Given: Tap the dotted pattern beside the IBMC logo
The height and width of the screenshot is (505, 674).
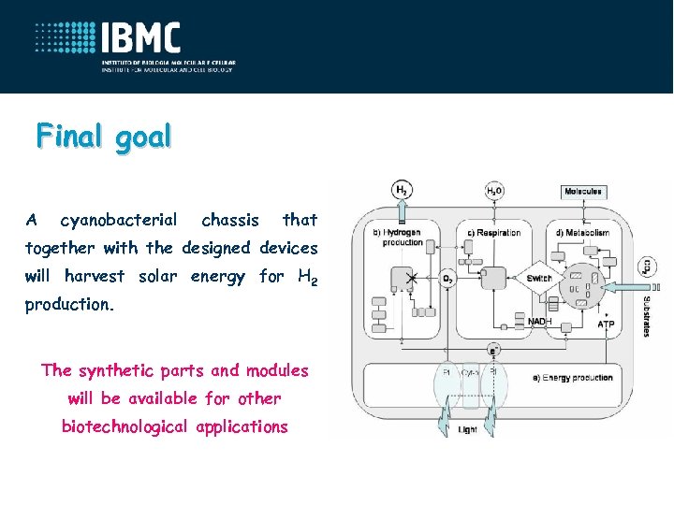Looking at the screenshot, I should click(66, 38).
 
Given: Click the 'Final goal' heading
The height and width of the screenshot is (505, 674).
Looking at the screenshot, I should click(104, 137).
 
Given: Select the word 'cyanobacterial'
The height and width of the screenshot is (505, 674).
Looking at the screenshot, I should click(118, 220).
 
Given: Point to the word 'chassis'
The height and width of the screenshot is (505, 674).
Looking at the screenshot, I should click(230, 220).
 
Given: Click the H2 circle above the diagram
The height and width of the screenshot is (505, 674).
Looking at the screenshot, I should click(401, 190).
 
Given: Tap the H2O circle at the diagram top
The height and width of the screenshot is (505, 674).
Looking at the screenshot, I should click(493, 191).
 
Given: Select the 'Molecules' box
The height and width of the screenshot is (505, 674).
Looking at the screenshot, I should click(582, 192).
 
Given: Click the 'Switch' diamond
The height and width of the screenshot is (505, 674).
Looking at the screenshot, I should click(539, 279).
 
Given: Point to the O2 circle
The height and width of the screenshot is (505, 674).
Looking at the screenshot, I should click(448, 278).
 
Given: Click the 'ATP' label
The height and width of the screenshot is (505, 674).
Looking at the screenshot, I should click(606, 325).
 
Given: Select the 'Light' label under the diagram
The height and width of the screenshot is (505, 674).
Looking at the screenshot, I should click(467, 429).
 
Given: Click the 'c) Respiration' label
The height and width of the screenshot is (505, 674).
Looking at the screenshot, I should click(497, 233).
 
